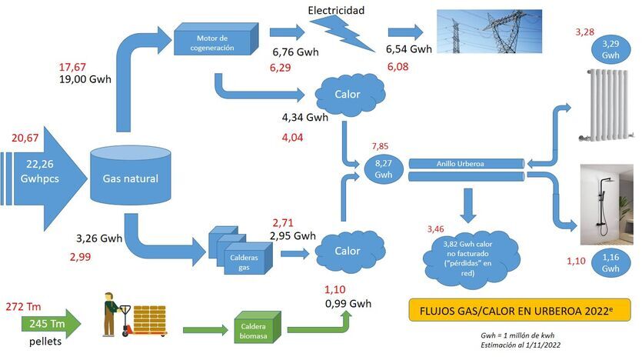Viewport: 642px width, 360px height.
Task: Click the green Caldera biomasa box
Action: click(x=255, y=332)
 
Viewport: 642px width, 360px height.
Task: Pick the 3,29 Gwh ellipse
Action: click(x=611, y=50)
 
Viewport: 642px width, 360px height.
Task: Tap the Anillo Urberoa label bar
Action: click(x=466, y=162)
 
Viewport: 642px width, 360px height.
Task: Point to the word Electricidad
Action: click(x=337, y=10)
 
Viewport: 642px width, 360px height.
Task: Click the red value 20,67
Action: click(x=25, y=138)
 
